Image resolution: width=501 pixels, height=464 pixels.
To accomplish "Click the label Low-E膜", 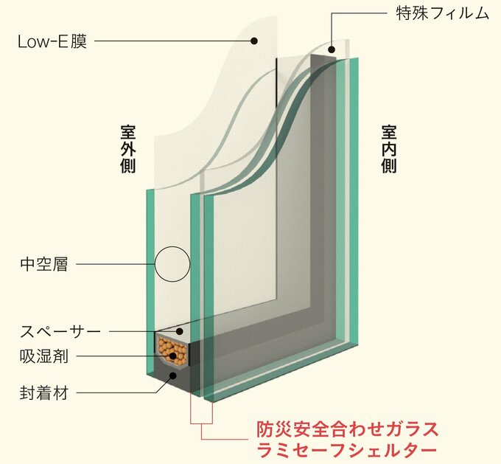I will click(x=52, y=41).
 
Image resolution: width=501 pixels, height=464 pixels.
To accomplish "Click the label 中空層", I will click(x=43, y=263).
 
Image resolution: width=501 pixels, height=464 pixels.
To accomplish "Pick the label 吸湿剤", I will click(x=43, y=356).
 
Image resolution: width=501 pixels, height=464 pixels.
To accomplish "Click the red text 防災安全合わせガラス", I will click(x=347, y=428).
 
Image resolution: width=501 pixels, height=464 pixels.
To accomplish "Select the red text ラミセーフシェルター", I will click(x=347, y=449).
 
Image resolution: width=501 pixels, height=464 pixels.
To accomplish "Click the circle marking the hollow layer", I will click(x=172, y=263).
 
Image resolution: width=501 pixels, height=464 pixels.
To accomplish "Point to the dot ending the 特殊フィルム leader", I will click(x=332, y=50).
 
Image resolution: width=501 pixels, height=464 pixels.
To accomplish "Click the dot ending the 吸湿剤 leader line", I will click(x=174, y=356).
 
